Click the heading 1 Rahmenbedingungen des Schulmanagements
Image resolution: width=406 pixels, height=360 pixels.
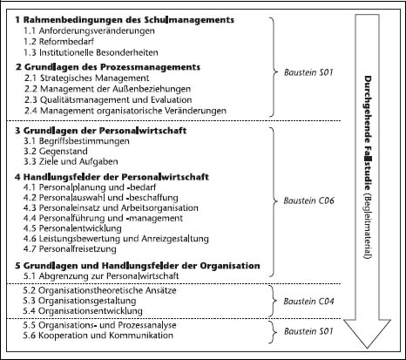tap(125, 20)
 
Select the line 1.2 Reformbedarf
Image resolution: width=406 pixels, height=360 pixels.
tap(58, 42)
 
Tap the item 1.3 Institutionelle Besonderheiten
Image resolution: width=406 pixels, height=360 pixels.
tap(91, 52)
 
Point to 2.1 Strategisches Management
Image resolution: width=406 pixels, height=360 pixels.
tap(86, 78)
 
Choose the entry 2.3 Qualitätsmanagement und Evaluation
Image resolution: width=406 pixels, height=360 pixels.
tap(108, 99)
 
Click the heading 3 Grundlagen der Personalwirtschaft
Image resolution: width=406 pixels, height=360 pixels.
tap(101, 131)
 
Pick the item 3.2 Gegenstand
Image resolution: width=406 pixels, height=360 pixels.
tap(56, 152)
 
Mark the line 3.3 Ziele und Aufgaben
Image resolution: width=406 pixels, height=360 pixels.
tap(71, 161)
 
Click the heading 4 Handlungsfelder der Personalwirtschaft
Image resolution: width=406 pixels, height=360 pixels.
tap(112, 177)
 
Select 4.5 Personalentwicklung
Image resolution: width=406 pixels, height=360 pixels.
tap(72, 228)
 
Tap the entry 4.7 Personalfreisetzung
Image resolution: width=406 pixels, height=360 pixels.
tap(70, 249)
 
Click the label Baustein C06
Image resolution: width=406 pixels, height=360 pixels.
tap(308, 200)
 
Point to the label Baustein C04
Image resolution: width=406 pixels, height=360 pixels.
tap(308, 302)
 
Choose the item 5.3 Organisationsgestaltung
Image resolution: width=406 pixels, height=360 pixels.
tap(79, 301)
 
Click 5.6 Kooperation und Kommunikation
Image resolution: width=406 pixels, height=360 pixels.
tap(98, 336)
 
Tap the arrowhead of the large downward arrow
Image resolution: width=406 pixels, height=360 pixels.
tap(367, 348)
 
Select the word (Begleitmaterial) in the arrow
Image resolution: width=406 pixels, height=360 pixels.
tap(368, 226)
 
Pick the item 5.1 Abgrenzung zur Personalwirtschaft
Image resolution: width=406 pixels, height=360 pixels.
tap(101, 276)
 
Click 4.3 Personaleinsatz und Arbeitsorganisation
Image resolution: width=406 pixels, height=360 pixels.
tap(111, 208)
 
